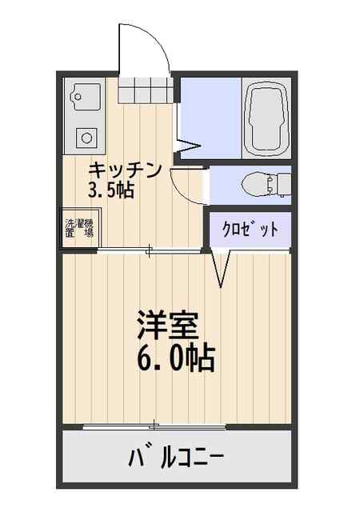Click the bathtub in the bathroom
pyautogui.click(x=266, y=118)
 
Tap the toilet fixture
pyautogui.click(x=266, y=185)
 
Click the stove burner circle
pyautogui.click(x=86, y=138)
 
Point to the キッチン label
pyautogui.click(x=125, y=170)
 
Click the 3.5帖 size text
pyautogui.click(x=110, y=190)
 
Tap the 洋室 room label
pyautogui.click(x=168, y=325)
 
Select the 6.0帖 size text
pyautogui.click(x=176, y=358)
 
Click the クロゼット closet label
pyautogui.click(x=250, y=230)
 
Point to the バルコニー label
pyautogui.click(x=176, y=458)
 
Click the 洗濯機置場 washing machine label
pyautogui.click(x=79, y=228)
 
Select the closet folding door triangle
pyautogui.click(x=221, y=269)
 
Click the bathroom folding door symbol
pyautogui.click(x=188, y=146)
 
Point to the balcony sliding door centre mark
pyautogui.click(x=154, y=426)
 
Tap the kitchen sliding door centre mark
pyautogui.click(x=149, y=250)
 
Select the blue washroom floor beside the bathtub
pyautogui.click(x=211, y=118)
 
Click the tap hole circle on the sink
pyautogui.click(x=78, y=97)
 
